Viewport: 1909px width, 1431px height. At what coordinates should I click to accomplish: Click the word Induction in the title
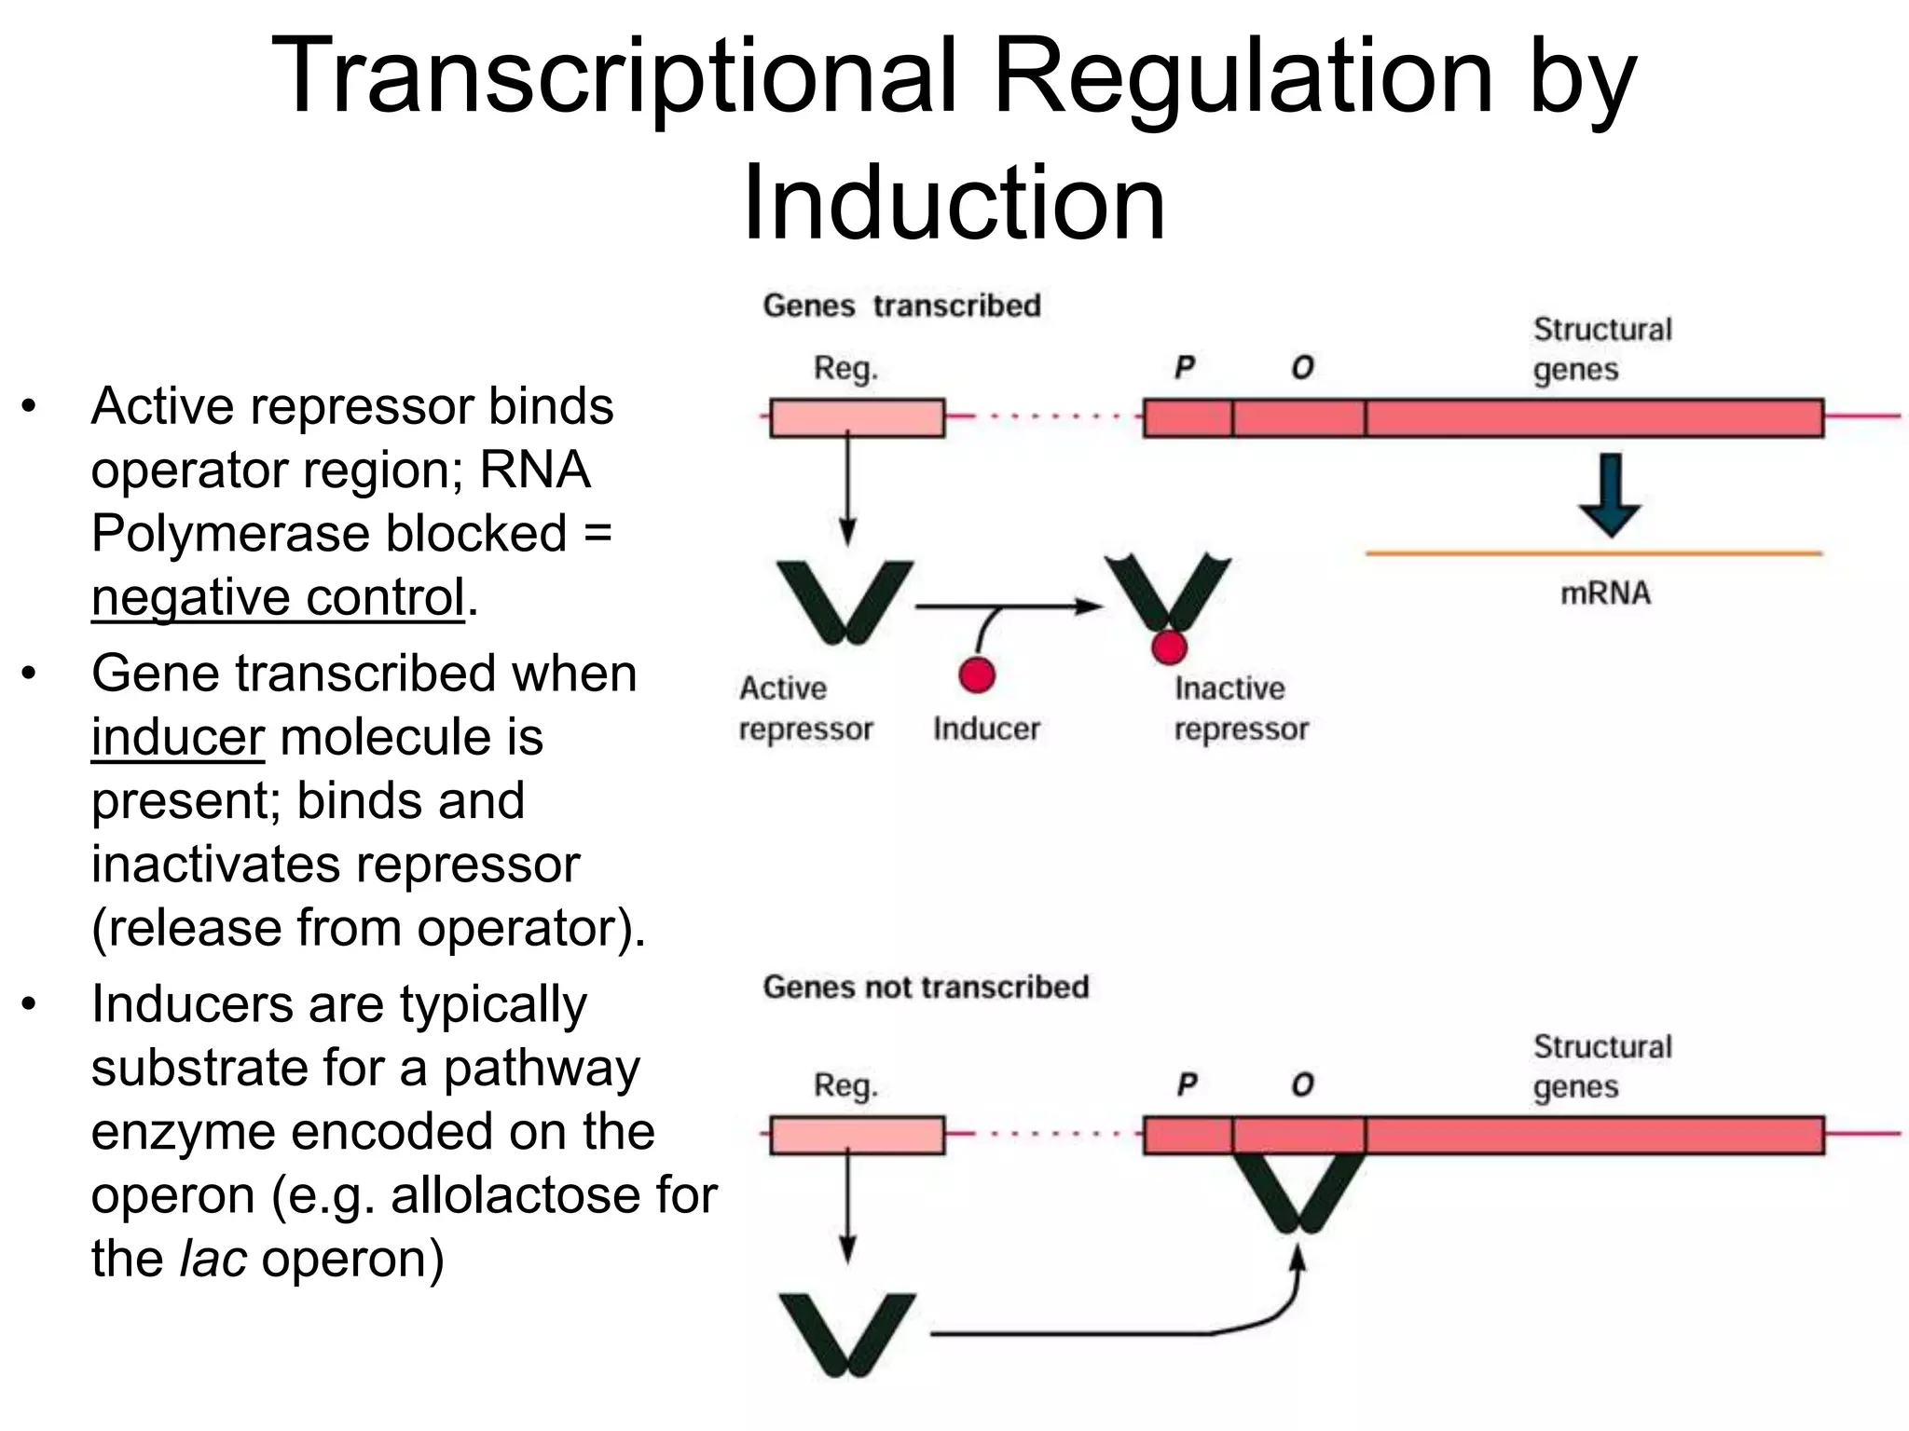click(x=954, y=202)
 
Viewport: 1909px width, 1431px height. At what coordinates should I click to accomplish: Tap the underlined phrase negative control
click(x=277, y=597)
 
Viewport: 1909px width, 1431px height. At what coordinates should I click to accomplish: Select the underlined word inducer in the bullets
click(x=177, y=737)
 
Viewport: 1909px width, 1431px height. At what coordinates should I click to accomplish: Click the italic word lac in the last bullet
click(x=213, y=1259)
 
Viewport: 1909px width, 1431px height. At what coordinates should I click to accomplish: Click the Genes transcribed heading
click(x=900, y=306)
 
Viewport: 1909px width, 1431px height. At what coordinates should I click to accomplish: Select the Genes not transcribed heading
click(x=925, y=987)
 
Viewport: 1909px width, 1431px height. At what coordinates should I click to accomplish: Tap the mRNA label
click(x=1605, y=593)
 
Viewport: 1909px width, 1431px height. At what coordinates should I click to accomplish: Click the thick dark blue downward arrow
click(x=1609, y=495)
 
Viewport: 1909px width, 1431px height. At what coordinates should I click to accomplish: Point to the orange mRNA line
click(x=1594, y=553)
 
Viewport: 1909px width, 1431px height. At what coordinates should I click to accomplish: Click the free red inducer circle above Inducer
click(x=977, y=675)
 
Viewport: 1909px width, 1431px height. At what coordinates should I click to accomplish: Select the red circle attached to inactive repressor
click(x=1169, y=647)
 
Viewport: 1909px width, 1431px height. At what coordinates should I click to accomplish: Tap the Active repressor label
click(x=805, y=708)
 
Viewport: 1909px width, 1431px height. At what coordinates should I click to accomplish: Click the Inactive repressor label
click(x=1240, y=708)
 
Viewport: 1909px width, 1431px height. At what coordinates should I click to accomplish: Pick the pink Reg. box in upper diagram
click(x=857, y=418)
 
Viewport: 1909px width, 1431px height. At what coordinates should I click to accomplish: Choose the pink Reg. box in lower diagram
click(x=857, y=1136)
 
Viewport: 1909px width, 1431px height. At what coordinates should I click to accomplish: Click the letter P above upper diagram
click(x=1184, y=368)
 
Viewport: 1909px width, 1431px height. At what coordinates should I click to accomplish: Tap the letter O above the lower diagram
click(x=1302, y=1085)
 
